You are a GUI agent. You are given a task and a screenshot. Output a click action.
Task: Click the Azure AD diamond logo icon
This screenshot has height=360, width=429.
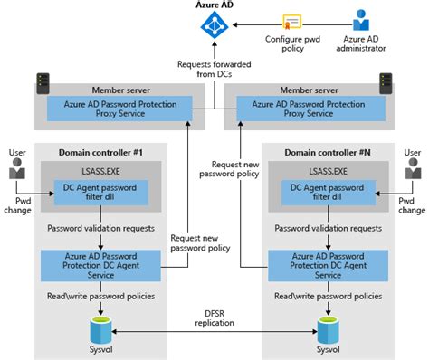pyautogui.click(x=213, y=29)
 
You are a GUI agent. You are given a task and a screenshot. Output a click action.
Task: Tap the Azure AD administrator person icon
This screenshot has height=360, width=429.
pyautogui.click(x=359, y=21)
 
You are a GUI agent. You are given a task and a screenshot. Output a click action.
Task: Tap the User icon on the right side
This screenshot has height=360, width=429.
pyautogui.click(x=413, y=168)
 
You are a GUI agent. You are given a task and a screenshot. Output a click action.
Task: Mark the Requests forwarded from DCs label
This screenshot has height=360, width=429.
pyautogui.click(x=214, y=70)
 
